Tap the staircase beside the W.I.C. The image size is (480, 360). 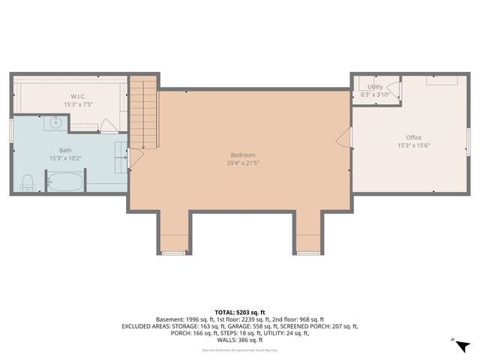click(x=143, y=112)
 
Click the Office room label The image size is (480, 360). click(x=413, y=137)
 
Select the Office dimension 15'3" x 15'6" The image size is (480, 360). click(x=413, y=145)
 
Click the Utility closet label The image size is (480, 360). click(x=374, y=87)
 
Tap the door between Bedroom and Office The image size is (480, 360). click(x=346, y=138)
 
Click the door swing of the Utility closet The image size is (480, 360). click(x=396, y=91)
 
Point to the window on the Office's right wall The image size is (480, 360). click(x=468, y=139)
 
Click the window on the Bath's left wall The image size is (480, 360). click(x=11, y=129)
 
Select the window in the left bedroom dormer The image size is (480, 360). click(x=173, y=253)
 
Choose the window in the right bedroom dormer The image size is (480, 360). click(x=307, y=253)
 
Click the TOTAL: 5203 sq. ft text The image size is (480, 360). click(x=239, y=311)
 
